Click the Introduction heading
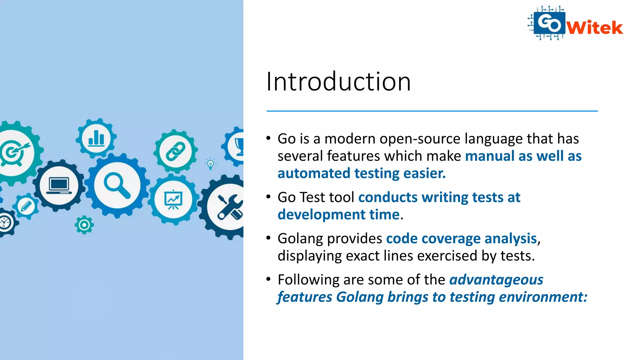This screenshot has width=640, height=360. [x=338, y=82]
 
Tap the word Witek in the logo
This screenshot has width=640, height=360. [x=595, y=28]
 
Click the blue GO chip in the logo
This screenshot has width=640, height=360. [x=549, y=23]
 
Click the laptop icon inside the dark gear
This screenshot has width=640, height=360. [x=59, y=186]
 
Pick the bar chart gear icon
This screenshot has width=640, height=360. [x=96, y=138]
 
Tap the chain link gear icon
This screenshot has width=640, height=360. [x=176, y=151]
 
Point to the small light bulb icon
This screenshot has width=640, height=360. [x=211, y=164]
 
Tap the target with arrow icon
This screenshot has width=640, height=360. [x=14, y=152]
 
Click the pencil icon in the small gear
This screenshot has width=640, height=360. [x=26, y=206]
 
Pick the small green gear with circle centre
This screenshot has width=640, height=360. [x=84, y=225]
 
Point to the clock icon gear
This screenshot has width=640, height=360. [x=5, y=222]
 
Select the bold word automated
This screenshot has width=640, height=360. [x=314, y=173]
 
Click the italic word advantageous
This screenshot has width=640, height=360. [x=496, y=280]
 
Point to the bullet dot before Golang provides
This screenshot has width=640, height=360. [x=268, y=238]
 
